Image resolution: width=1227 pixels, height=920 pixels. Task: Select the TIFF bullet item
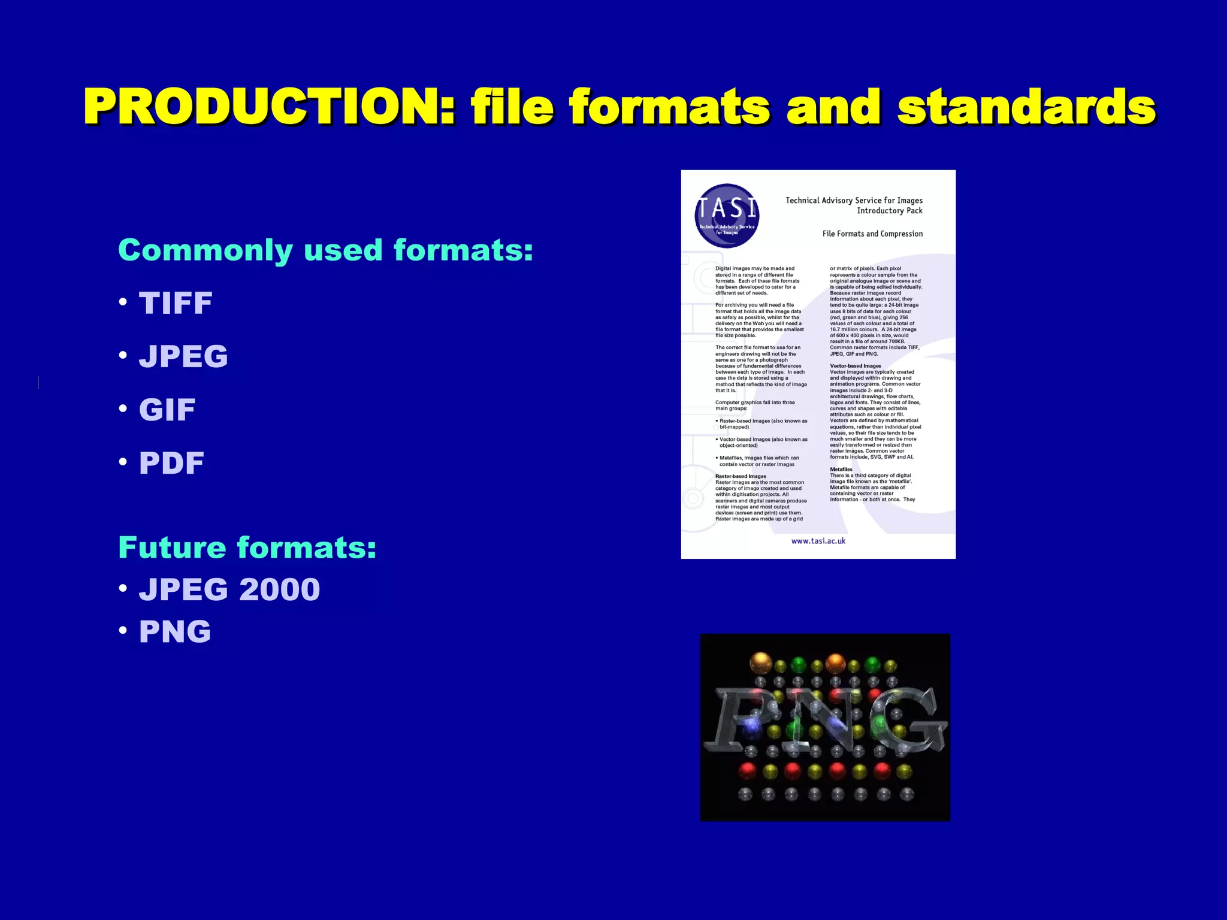[x=176, y=303]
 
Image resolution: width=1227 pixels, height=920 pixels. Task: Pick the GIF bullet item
[x=167, y=410]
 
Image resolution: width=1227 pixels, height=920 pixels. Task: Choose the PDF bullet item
[x=171, y=463]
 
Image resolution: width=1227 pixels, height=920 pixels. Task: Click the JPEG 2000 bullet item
[x=229, y=589]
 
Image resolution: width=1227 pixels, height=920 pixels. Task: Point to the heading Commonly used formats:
[x=325, y=250]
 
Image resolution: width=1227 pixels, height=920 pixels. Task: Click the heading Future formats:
[x=247, y=547]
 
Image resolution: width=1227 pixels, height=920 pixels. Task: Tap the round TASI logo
[x=727, y=216]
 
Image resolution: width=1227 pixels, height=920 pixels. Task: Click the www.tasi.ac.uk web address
[x=818, y=541]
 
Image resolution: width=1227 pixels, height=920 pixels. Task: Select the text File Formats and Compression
[x=872, y=234]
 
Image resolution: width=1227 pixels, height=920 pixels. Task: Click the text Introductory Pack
[x=889, y=211]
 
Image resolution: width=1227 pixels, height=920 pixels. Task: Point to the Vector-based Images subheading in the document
[x=855, y=366]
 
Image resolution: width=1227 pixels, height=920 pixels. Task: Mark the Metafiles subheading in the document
[x=841, y=470]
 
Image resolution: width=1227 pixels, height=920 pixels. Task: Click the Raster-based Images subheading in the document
[x=741, y=476]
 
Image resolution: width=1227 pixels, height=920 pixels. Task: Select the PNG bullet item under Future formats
[x=175, y=631]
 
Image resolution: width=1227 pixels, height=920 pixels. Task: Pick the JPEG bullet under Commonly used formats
[x=183, y=356]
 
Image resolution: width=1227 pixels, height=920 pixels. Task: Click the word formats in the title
[x=669, y=107]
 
